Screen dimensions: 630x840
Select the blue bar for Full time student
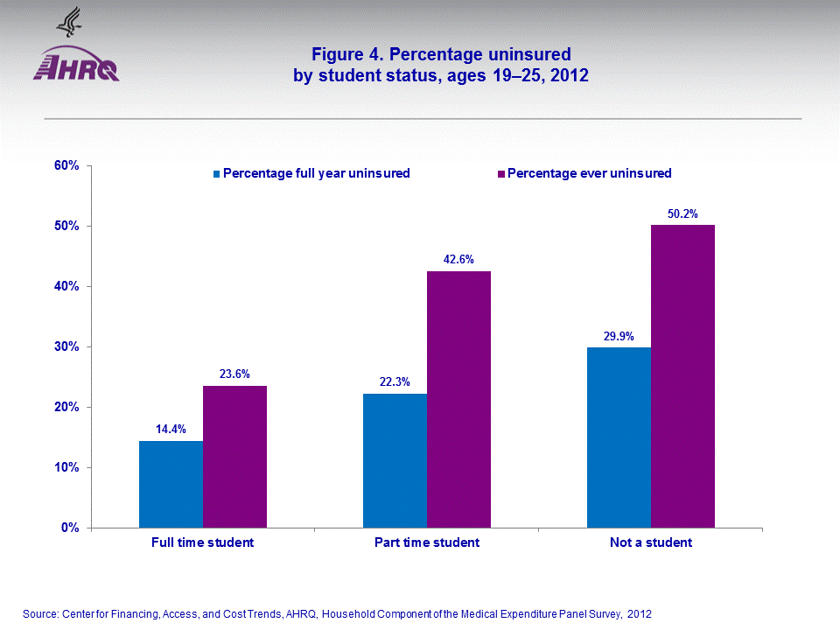point(171,484)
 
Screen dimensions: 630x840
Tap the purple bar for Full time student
point(234,456)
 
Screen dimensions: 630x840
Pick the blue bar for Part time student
point(395,460)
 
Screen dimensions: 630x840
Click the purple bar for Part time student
point(458,399)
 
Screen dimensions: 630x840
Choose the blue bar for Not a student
point(619,437)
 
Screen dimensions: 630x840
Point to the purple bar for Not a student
point(682,376)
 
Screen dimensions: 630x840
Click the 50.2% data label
point(682,213)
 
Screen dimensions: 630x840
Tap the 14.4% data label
point(171,430)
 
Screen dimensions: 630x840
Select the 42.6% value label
point(458,259)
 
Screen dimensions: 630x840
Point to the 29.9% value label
point(619,335)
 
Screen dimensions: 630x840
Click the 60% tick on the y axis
point(68,165)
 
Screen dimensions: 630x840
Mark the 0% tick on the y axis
point(71,528)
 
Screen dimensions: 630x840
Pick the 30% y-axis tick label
point(68,346)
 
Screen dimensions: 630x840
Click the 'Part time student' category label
point(427,542)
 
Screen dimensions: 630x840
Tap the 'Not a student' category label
point(651,542)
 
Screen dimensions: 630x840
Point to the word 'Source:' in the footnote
point(39,613)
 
